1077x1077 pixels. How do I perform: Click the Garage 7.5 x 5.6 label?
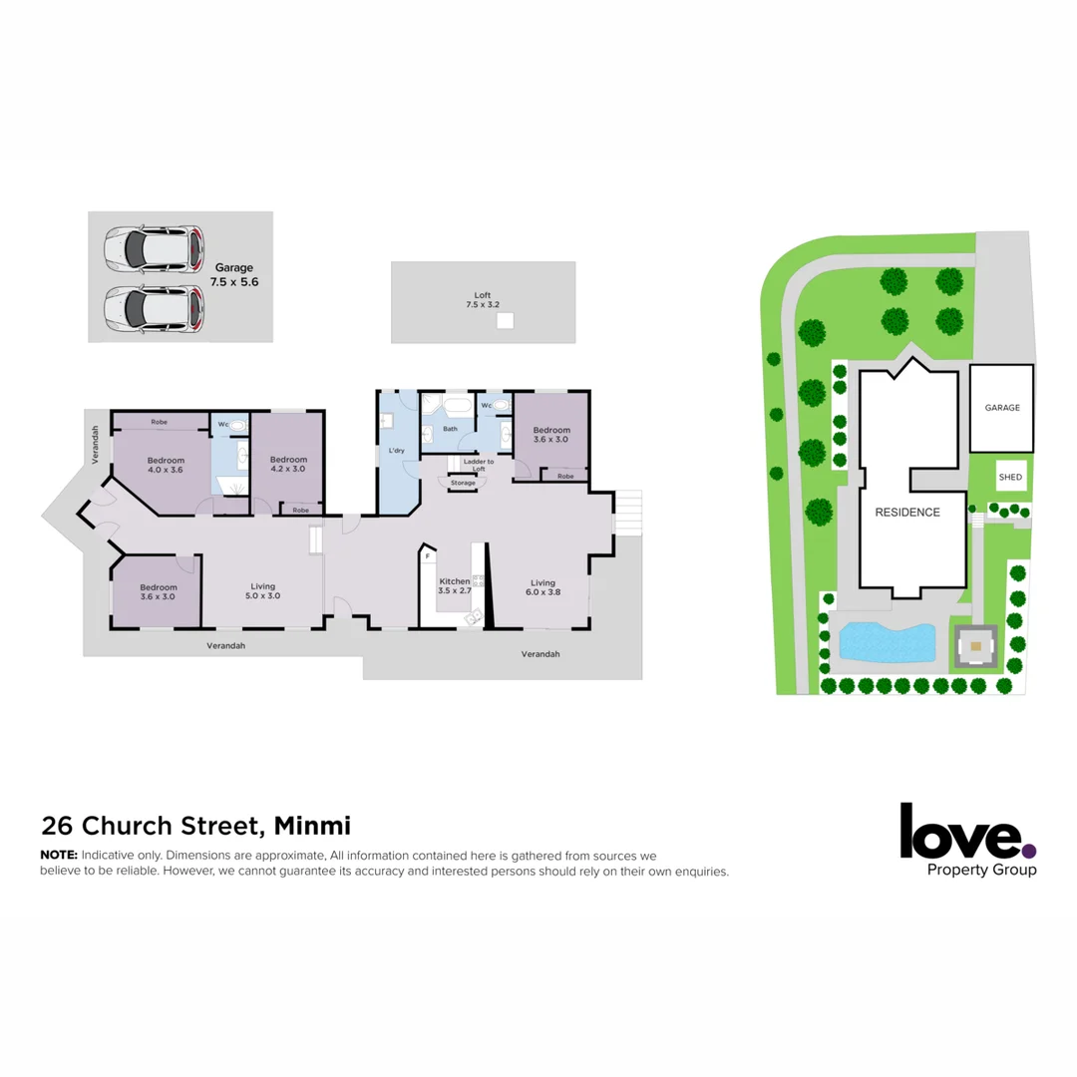(x=234, y=275)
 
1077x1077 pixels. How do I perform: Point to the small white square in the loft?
(x=505, y=320)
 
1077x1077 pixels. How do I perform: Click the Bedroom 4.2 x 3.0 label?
(x=287, y=464)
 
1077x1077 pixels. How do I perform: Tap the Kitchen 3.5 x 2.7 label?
(x=454, y=585)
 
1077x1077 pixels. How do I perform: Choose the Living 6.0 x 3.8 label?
(x=542, y=588)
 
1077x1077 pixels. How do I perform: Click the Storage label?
(x=463, y=483)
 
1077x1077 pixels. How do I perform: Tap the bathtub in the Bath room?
(x=459, y=408)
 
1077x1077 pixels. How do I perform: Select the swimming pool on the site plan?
(x=887, y=641)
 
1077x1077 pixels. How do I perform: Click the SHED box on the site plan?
(x=1010, y=478)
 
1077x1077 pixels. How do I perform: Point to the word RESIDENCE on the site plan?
(x=907, y=513)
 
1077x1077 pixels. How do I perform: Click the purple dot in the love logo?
(x=1029, y=851)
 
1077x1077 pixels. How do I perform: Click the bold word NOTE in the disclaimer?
(x=58, y=856)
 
